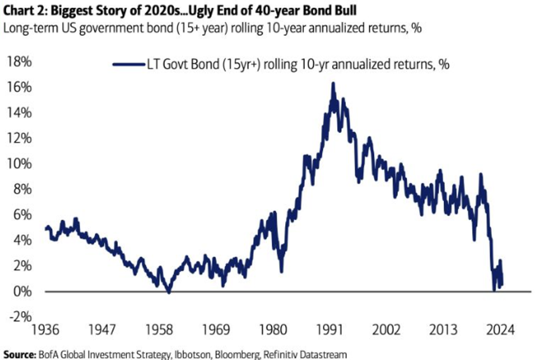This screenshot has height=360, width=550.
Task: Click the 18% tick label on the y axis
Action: click(x=19, y=62)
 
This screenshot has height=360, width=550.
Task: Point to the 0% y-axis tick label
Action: click(x=22, y=291)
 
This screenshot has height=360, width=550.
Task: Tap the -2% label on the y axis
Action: click(x=20, y=317)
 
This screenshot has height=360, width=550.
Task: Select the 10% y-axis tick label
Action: click(x=19, y=164)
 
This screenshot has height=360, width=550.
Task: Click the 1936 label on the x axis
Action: click(x=45, y=330)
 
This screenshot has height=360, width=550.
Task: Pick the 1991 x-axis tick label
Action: click(x=330, y=330)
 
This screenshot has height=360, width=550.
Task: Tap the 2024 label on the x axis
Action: click(x=500, y=330)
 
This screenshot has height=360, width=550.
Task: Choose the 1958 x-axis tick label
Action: click(x=159, y=330)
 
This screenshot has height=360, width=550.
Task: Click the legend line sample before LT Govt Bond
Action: click(x=128, y=64)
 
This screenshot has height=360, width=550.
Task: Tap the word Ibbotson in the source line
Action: click(x=192, y=354)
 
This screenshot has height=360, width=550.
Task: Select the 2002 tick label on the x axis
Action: click(x=386, y=330)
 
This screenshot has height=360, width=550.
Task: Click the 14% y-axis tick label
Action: click(x=19, y=113)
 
